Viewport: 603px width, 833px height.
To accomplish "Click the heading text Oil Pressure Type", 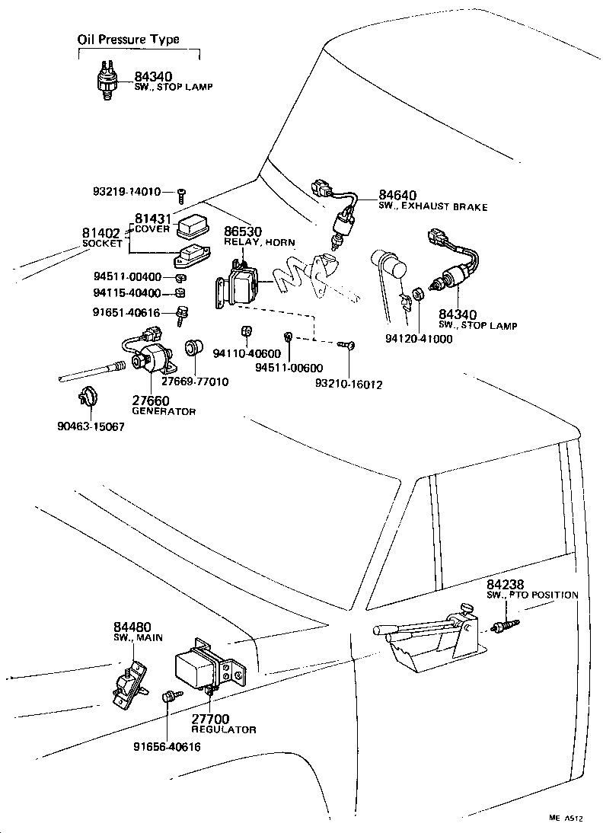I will pos(129,40).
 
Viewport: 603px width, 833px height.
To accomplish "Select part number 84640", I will pos(397,196).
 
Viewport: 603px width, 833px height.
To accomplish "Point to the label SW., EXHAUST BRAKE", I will pos(432,207).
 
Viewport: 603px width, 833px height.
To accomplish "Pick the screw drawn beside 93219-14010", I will pos(182,193).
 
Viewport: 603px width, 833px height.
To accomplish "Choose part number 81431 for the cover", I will pos(155,219).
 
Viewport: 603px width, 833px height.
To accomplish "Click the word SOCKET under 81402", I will pos(101,244).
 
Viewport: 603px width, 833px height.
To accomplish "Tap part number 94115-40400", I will pos(127,292).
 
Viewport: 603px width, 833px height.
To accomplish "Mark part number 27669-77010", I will pos(199,381).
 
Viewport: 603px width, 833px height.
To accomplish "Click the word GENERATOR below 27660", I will pos(164,411).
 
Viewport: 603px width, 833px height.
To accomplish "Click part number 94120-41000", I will pos(417,339).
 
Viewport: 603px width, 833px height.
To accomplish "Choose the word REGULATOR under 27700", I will pos(222,729).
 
